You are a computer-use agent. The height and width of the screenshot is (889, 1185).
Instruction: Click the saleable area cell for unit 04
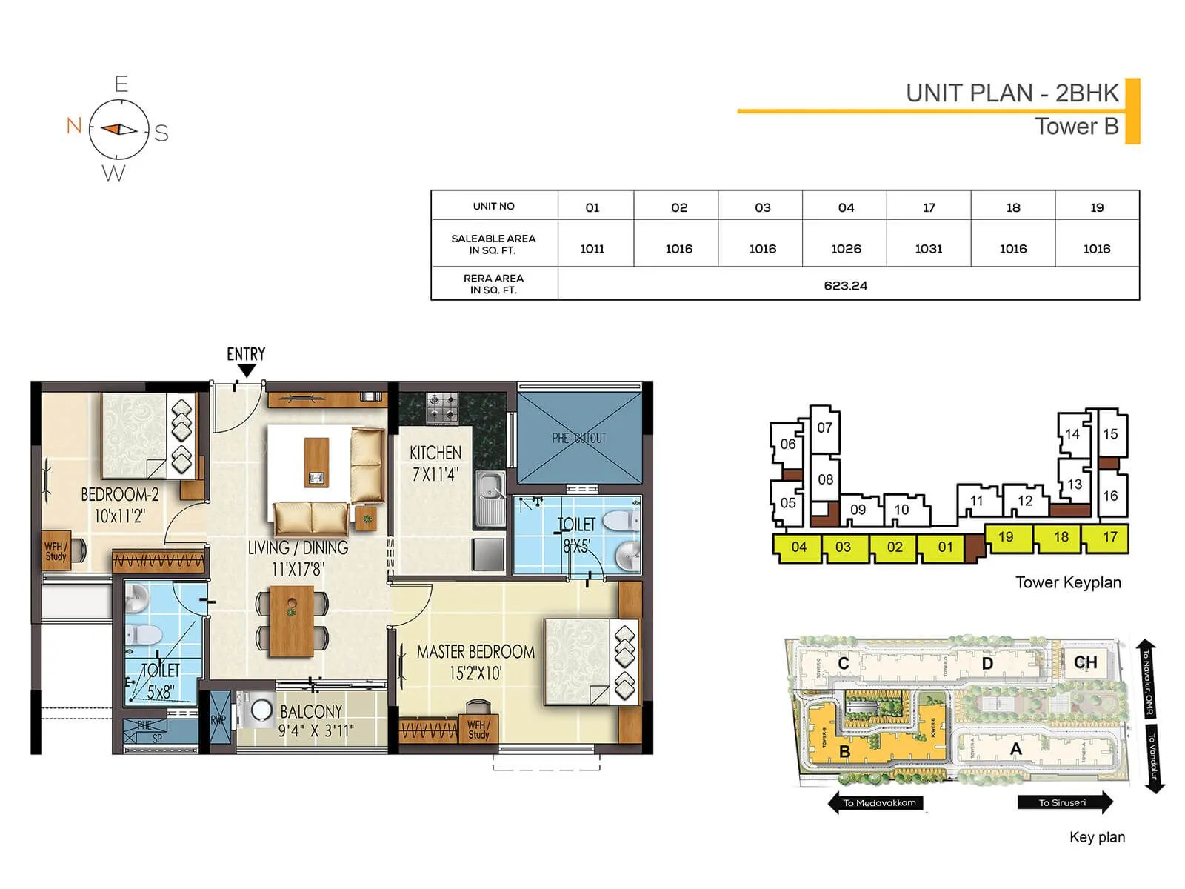(846, 249)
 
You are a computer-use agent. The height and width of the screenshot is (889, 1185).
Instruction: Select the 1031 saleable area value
(929, 249)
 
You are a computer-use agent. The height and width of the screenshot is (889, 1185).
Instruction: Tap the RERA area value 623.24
(845, 285)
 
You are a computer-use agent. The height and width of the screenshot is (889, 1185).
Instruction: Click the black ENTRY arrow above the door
(247, 371)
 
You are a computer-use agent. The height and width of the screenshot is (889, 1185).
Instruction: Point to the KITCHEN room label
(435, 453)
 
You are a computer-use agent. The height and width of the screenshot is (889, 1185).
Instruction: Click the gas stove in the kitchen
(443, 408)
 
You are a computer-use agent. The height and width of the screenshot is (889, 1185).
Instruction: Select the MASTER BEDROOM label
(475, 652)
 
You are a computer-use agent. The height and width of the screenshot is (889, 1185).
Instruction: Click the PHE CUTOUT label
(579, 438)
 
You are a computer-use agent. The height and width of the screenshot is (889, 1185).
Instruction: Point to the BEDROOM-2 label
(120, 494)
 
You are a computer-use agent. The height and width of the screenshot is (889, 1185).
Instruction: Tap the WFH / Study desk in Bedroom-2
(57, 550)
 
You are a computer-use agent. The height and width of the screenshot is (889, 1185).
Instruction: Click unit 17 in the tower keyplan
(1109, 537)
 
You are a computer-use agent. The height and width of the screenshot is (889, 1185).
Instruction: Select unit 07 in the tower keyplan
(824, 427)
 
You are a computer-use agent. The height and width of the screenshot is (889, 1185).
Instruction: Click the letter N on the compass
(73, 125)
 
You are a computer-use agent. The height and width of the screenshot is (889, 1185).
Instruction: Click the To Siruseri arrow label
(1064, 802)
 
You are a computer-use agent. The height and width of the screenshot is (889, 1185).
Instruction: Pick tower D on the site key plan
(987, 663)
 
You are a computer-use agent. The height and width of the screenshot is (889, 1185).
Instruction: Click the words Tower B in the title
(1076, 127)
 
